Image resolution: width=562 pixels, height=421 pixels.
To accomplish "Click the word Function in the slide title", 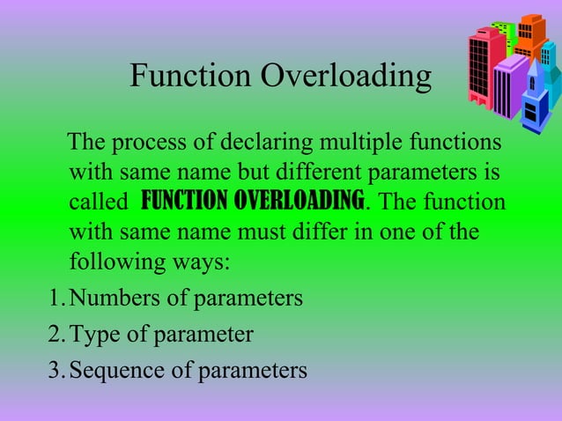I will coord(190,77).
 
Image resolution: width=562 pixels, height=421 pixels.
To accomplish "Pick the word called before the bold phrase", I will coord(98,203).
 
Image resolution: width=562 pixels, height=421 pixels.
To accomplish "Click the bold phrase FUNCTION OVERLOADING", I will coord(253,201).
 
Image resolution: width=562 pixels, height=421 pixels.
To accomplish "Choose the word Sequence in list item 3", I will coord(113,370).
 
